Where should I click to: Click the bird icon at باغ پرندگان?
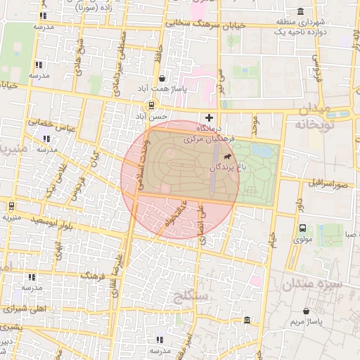(226, 158)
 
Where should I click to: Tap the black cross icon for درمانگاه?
(208, 117)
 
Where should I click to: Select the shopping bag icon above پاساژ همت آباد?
(163, 79)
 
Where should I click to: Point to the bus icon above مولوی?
(302, 228)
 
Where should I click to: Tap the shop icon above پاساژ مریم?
(306, 310)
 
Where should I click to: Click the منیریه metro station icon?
(11, 206)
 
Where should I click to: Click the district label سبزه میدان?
(311, 285)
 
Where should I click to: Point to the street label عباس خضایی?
(50, 124)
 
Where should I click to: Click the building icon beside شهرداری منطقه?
(301, 11)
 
